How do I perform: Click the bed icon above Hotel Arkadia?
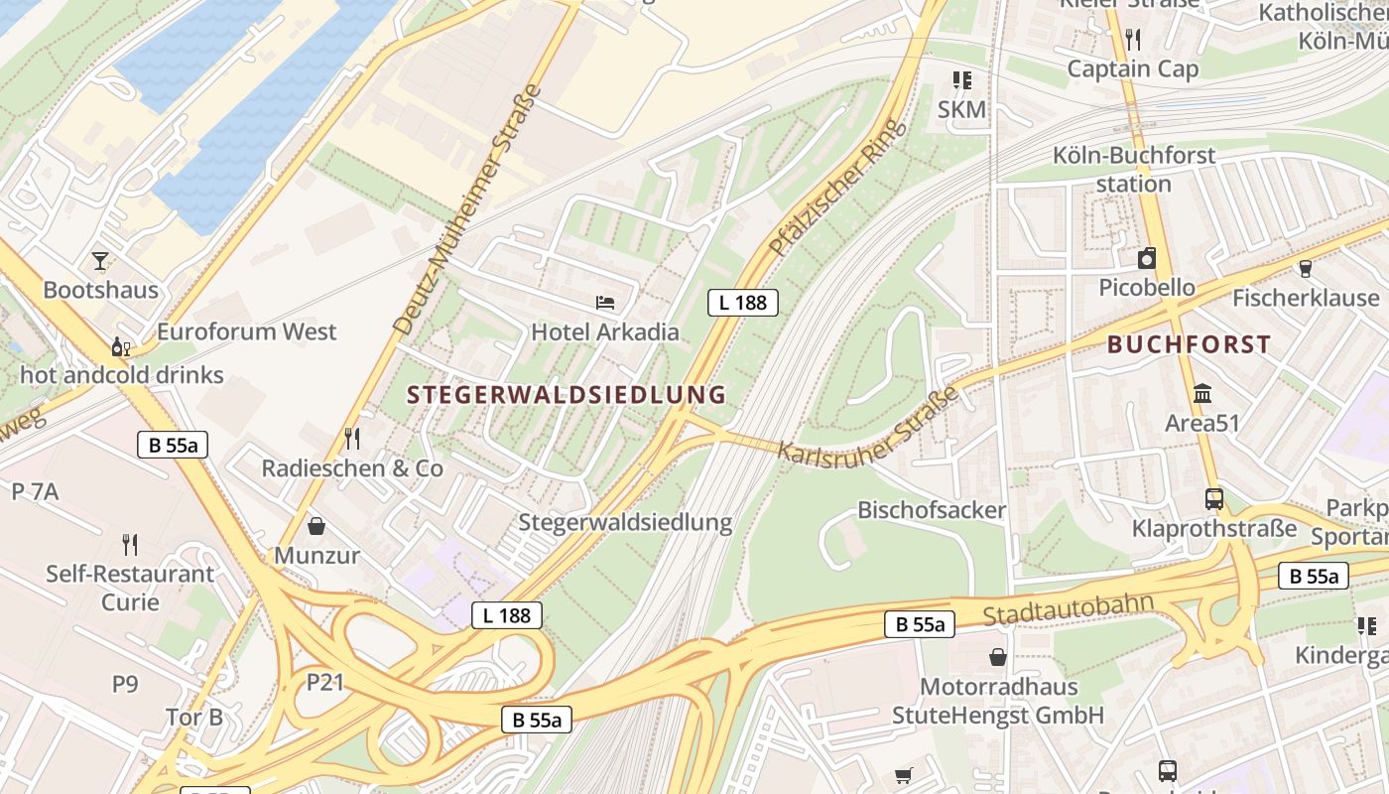pos(605,302)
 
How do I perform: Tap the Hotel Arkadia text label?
pos(605,331)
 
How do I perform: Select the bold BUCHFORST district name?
pos(1189,344)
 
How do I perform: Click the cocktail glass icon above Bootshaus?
pos(100,261)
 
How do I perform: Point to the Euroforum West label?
pos(247,331)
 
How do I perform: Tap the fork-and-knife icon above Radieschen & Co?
pos(351,438)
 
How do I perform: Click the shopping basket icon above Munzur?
pos(316,525)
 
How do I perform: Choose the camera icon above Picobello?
pos(1147,258)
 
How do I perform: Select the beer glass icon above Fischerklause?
pos(1305,268)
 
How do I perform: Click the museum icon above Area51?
pos(1202,393)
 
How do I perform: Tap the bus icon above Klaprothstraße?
pos(1213,498)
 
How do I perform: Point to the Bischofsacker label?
pos(932,510)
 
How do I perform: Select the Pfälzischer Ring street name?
pos(838,188)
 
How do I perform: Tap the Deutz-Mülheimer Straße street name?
pos(467,209)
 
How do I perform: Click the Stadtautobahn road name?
pos(1069,609)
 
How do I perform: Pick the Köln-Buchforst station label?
pos(1134,170)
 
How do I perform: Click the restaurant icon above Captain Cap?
pos(1133,39)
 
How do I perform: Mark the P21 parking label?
pos(324,682)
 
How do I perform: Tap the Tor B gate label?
pos(194,717)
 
